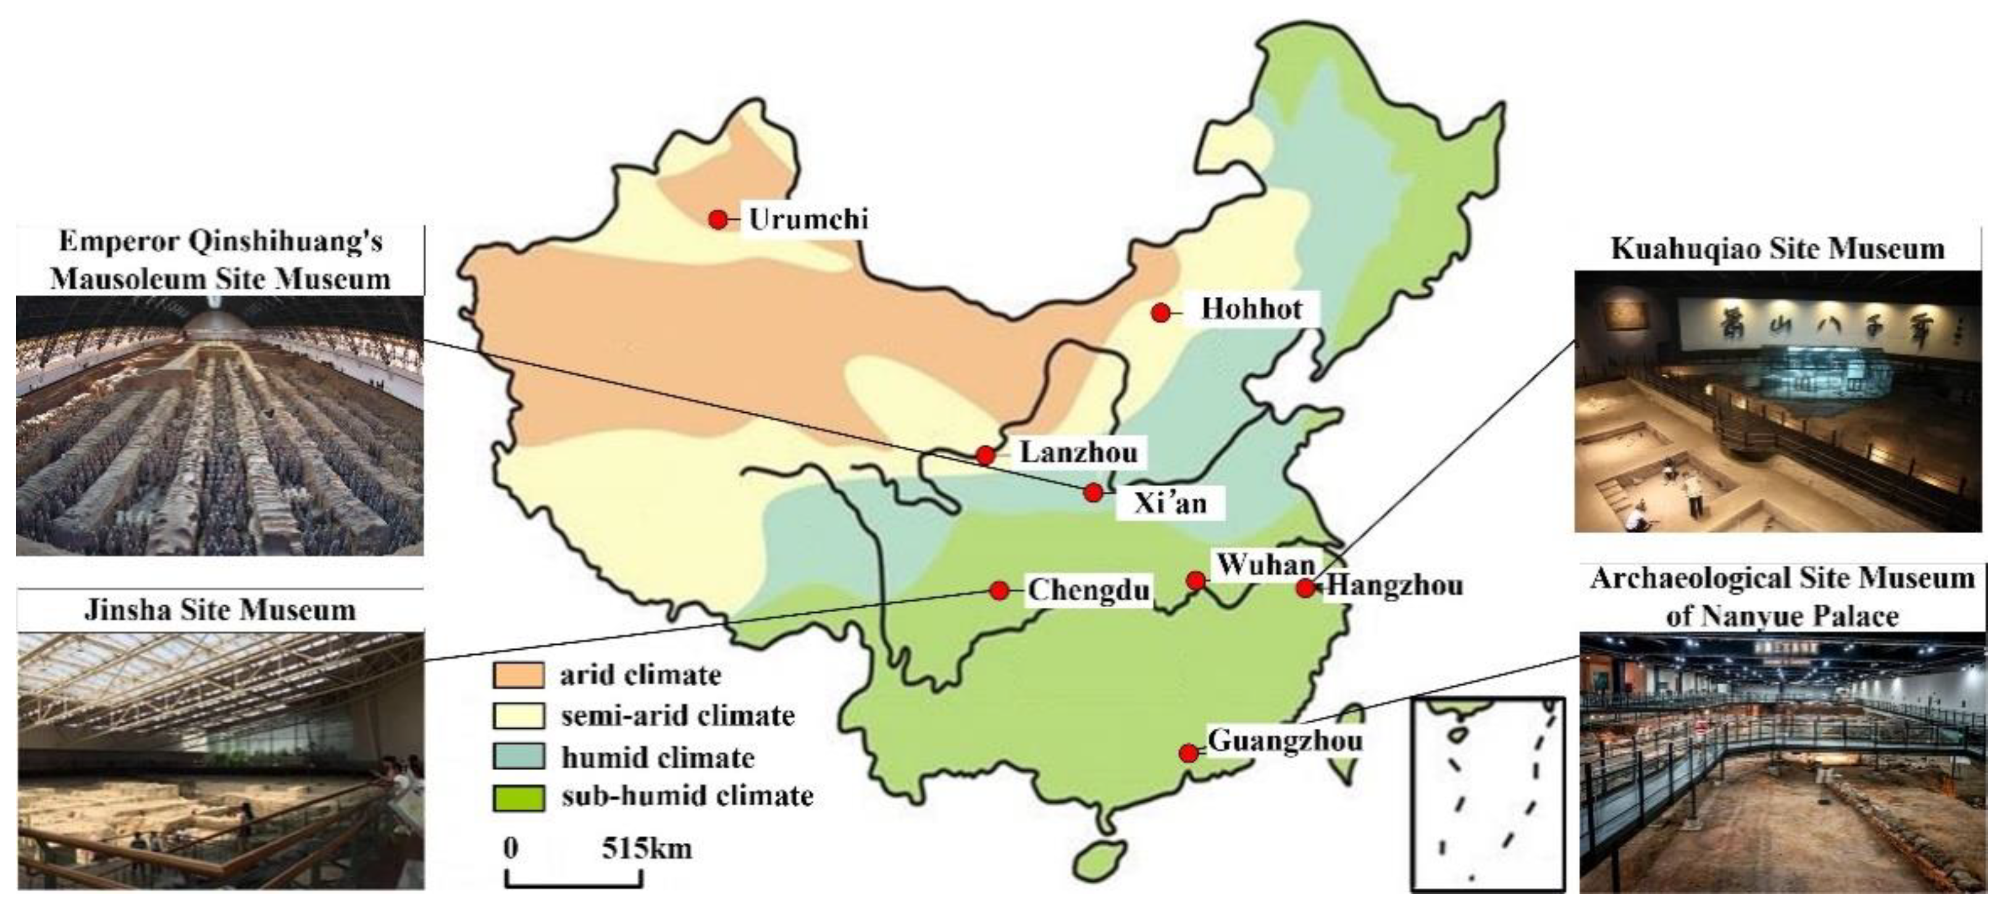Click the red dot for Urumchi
(718, 220)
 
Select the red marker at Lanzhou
(986, 455)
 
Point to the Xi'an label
(1170, 503)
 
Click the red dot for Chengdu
(999, 591)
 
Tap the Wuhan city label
(1266, 564)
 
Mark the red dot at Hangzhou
(1305, 589)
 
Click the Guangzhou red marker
(1188, 753)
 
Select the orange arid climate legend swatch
(517, 675)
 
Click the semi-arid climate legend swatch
(517, 716)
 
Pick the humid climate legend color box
(517, 757)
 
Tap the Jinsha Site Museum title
(220, 610)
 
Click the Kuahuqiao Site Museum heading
(1777, 249)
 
